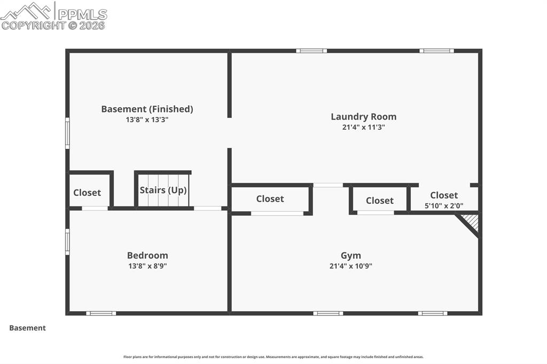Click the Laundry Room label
pyautogui.click(x=363, y=116)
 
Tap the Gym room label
pyautogui.click(x=351, y=255)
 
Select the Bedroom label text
pyautogui.click(x=147, y=255)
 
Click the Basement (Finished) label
pyautogui.click(x=147, y=109)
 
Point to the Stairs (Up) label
pyautogui.click(x=163, y=191)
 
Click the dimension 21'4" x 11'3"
pyautogui.click(x=363, y=128)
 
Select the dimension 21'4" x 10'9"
pyautogui.click(x=351, y=265)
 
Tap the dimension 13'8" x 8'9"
pyautogui.click(x=147, y=265)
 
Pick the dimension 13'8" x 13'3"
pyautogui.click(x=147, y=120)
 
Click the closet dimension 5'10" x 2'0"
pyautogui.click(x=443, y=205)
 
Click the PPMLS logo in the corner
pyautogui.click(x=54, y=15)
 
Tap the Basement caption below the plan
pyautogui.click(x=27, y=328)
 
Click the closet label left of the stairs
pyautogui.click(x=87, y=193)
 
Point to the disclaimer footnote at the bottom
pyautogui.click(x=273, y=357)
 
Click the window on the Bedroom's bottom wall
pyautogui.click(x=101, y=313)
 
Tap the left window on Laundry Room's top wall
pyautogui.click(x=311, y=51)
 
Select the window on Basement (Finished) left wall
pyautogui.click(x=67, y=133)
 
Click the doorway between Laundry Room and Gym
pyautogui.click(x=328, y=185)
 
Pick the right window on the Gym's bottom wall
pyautogui.click(x=433, y=313)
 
